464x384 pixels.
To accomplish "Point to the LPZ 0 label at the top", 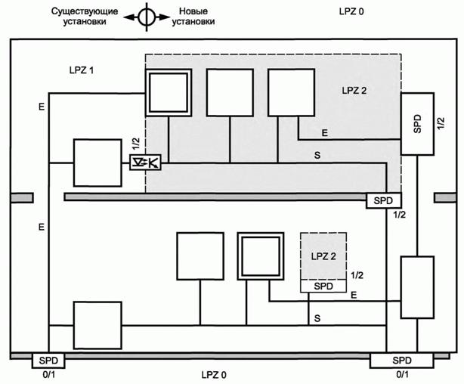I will pyautogui.click(x=352, y=12).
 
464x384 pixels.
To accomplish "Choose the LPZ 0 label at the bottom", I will pyautogui.click(x=213, y=374).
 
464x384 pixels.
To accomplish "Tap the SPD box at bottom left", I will pyautogui.click(x=48, y=360).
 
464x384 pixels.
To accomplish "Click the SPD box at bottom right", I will pyautogui.click(x=403, y=360).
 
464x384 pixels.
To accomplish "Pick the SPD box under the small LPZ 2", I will pyautogui.click(x=323, y=286).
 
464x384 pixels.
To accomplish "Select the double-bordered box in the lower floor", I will pyautogui.click(x=261, y=257).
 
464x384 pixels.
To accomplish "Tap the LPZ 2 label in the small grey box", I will pyautogui.click(x=323, y=257).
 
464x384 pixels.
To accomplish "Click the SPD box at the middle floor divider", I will pyautogui.click(x=385, y=200).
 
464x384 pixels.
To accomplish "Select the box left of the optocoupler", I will pyautogui.click(x=97, y=163).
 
